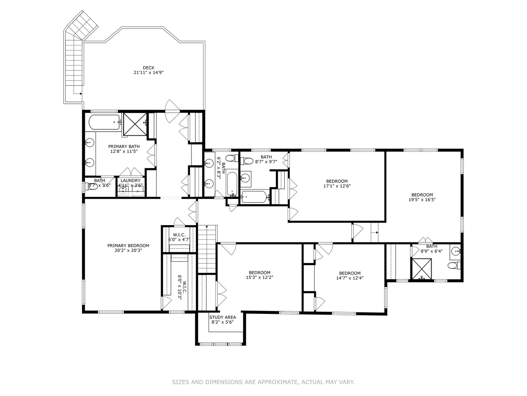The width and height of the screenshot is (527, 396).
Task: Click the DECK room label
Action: click(x=148, y=68)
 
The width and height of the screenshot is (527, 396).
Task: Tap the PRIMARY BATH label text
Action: click(x=124, y=147)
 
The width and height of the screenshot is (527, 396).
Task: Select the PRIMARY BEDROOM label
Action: click(x=128, y=246)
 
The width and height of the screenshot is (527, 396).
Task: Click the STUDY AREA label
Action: click(x=223, y=317)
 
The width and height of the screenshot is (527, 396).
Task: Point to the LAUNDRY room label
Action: click(x=130, y=180)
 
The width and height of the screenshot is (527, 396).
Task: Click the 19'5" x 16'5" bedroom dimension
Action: click(x=422, y=200)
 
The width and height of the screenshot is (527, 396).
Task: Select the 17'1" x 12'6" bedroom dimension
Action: click(x=337, y=186)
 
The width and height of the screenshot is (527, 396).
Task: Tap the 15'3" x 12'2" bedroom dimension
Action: click(x=259, y=278)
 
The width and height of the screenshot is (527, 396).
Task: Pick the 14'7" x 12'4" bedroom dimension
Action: click(x=350, y=278)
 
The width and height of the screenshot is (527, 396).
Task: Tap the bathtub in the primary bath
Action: click(x=104, y=122)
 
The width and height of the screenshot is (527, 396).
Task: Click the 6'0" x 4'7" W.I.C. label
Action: click(x=179, y=237)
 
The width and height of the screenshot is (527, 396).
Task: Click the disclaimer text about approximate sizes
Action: click(x=263, y=382)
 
